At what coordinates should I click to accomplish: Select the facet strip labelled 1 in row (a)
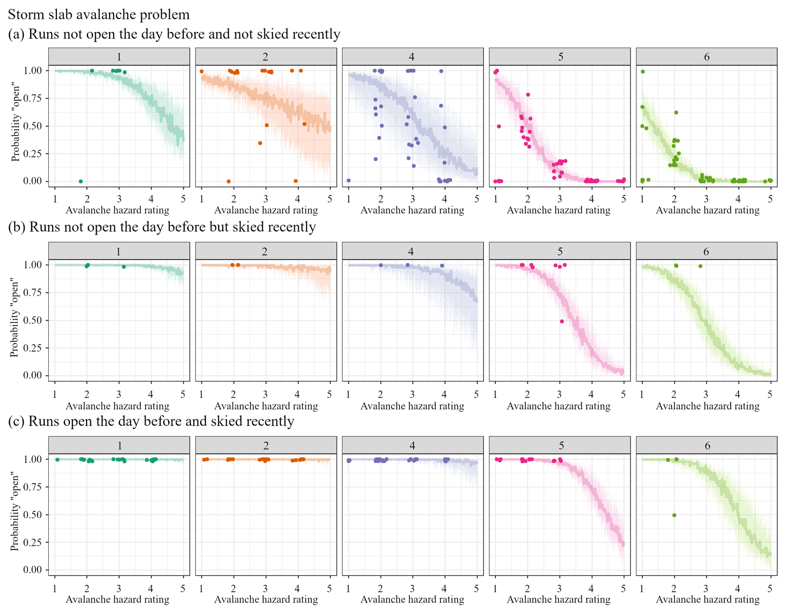(119, 57)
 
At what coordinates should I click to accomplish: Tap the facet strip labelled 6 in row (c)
(707, 445)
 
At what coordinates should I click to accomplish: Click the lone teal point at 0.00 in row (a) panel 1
(81, 181)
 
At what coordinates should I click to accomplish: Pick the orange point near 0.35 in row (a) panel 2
(260, 143)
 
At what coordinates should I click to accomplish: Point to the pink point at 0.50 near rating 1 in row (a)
(499, 126)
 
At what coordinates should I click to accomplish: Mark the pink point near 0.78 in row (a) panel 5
(528, 95)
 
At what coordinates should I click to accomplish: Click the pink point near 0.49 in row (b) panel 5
(562, 321)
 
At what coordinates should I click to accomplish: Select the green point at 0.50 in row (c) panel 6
(674, 515)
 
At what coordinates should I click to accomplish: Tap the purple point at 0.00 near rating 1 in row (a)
(348, 181)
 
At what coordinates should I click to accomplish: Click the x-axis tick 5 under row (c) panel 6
(770, 588)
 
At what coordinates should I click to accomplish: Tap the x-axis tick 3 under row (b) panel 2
(265, 394)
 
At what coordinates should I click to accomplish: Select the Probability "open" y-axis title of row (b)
(14, 319)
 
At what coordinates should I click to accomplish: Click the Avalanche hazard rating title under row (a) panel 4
(412, 210)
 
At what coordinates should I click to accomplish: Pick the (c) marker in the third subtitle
(16, 421)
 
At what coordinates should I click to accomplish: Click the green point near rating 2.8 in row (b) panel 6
(700, 266)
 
